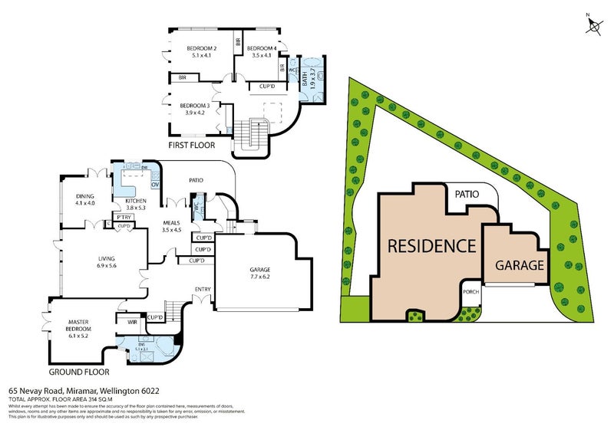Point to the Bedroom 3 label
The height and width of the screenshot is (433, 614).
tap(195, 109)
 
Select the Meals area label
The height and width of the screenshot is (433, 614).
tap(171, 225)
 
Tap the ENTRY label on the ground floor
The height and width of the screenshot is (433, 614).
tap(203, 289)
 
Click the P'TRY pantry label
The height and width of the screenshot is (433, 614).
tap(122, 217)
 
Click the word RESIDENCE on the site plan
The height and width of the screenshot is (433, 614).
tap(431, 247)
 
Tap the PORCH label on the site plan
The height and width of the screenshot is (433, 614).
tap(470, 292)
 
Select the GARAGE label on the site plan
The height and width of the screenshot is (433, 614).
tap(519, 266)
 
